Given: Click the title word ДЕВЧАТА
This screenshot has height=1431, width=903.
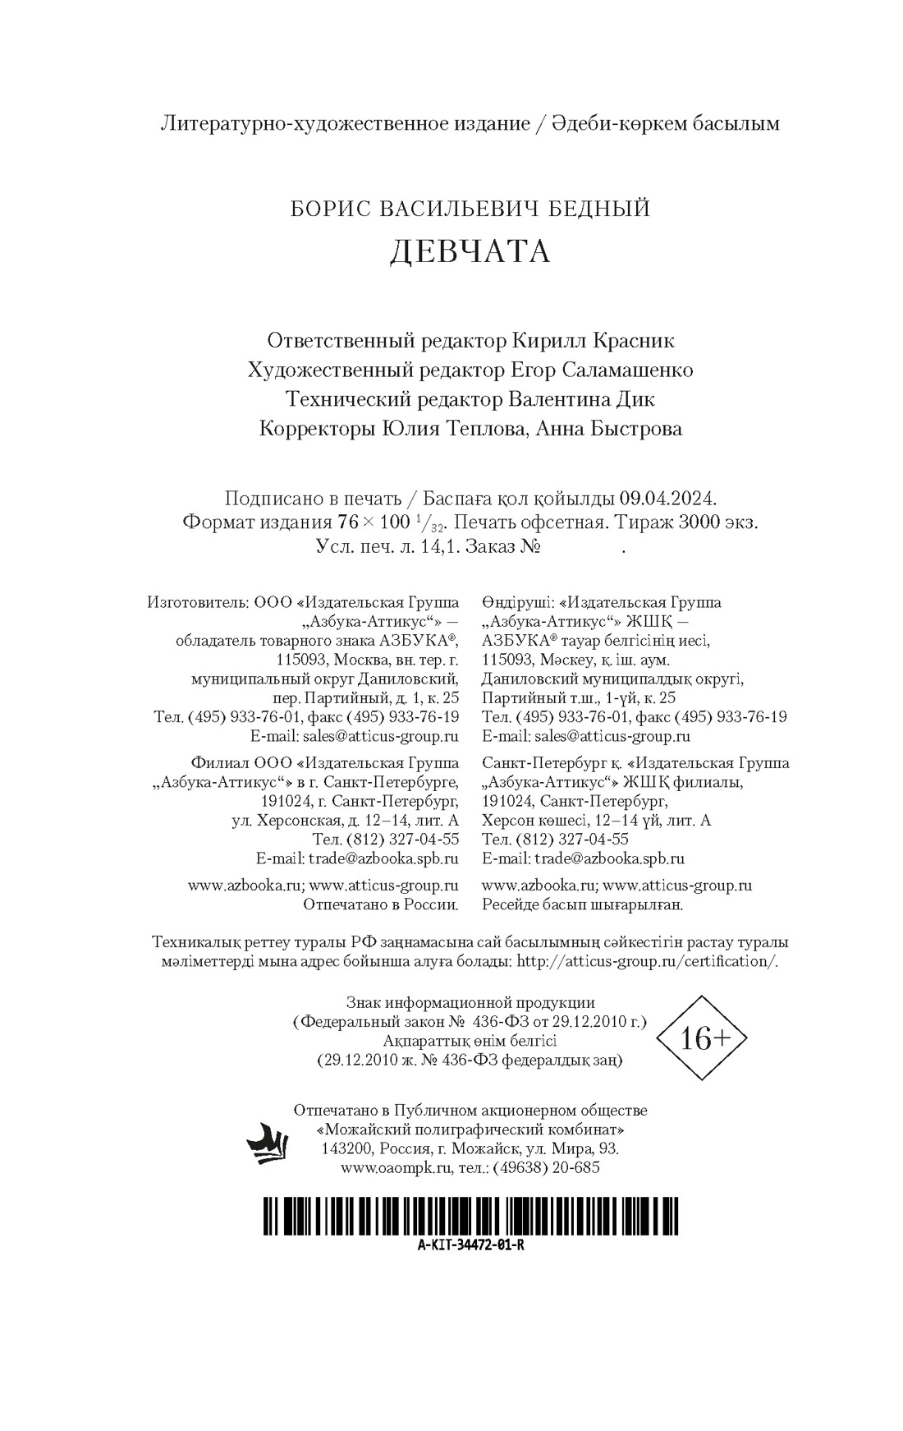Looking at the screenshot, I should pos(470,251).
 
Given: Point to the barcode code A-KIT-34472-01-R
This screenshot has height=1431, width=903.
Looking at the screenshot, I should pos(470,1245).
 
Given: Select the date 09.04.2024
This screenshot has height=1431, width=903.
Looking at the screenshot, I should pos(668,499).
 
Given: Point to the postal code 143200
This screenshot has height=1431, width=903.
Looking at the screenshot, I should pos(348,1148).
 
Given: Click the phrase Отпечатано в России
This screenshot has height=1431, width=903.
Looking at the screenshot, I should pos(381,905).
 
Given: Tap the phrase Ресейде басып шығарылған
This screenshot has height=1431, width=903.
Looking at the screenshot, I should pos(583,905).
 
